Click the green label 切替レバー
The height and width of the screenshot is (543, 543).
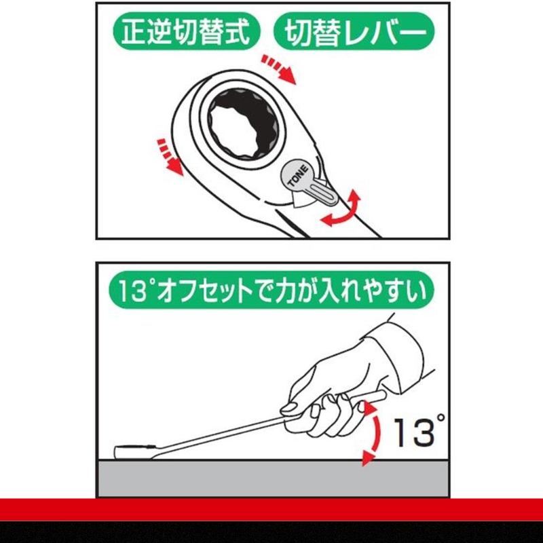(352, 33)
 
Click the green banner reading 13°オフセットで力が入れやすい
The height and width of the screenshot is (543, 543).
(271, 293)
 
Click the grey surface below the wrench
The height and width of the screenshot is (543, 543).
(271, 479)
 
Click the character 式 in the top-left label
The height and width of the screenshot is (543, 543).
(241, 33)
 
